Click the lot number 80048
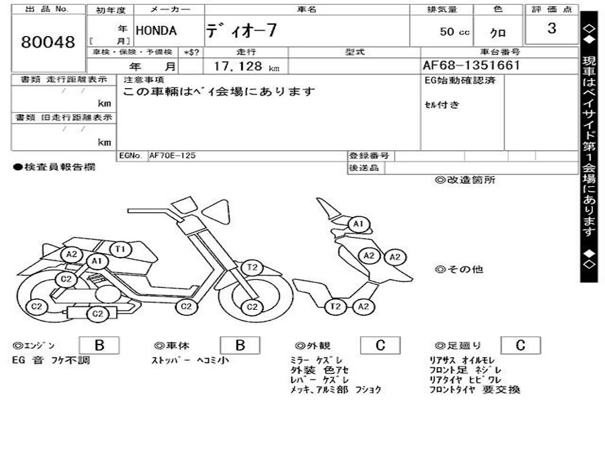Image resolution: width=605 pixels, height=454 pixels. click(48, 43)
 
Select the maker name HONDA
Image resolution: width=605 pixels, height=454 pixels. click(157, 31)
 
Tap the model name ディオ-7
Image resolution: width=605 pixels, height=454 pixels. click(241, 31)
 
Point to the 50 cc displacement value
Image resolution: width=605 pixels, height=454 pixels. click(454, 32)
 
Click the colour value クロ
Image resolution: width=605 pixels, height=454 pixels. click(498, 33)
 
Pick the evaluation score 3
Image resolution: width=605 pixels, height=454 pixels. click(551, 29)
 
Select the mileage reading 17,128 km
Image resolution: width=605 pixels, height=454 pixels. click(246, 67)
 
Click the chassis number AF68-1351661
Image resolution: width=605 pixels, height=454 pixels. click(471, 66)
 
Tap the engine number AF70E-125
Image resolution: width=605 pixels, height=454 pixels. click(172, 155)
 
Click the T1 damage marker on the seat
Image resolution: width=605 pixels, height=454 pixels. click(121, 249)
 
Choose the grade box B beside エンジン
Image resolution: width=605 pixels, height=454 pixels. click(99, 345)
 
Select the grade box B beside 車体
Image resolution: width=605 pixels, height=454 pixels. click(240, 345)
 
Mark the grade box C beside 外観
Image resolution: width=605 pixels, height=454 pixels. click(380, 345)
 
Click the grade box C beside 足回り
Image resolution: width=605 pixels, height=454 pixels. click(520, 345)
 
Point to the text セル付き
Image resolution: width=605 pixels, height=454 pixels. click(441, 105)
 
